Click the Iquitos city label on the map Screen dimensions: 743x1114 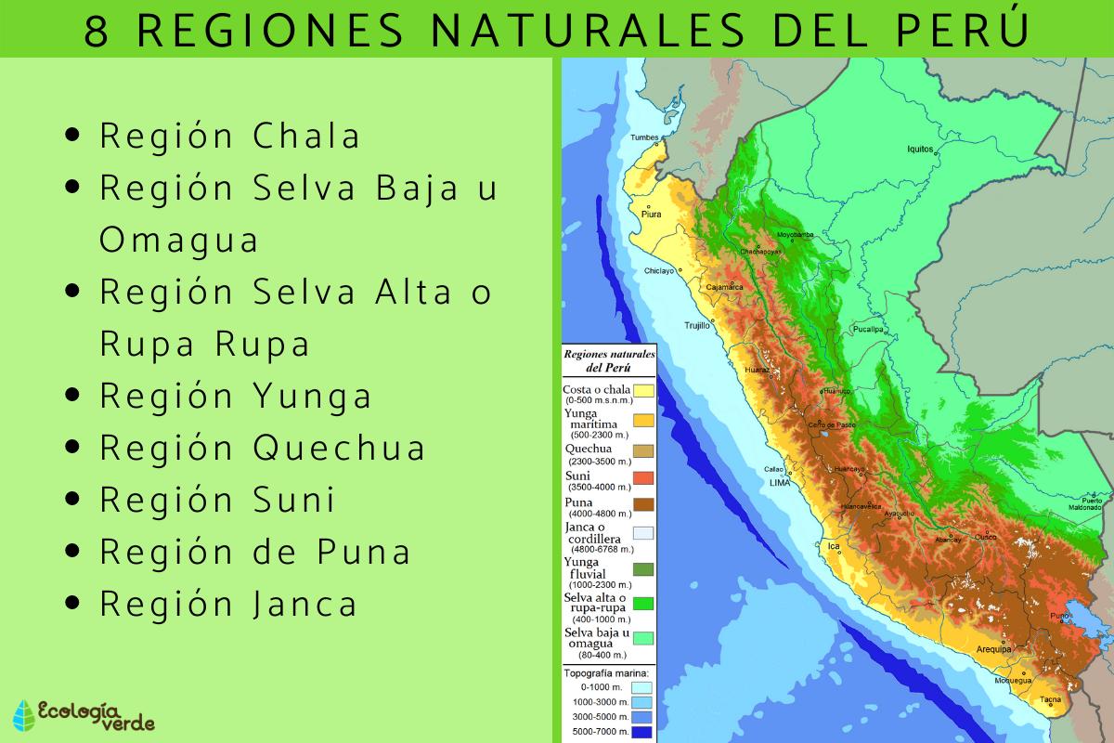click(919, 149)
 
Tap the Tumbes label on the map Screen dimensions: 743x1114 click(644, 138)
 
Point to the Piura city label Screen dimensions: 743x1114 click(651, 215)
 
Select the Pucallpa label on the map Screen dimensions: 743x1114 click(868, 330)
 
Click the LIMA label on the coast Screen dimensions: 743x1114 click(779, 483)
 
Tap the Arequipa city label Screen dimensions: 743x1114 click(992, 650)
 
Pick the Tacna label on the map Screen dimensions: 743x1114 click(1050, 699)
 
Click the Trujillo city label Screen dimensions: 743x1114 click(697, 326)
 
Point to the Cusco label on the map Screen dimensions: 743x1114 click(985, 537)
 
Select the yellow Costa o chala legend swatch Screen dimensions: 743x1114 click(643, 391)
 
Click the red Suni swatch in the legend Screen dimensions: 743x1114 click(643, 477)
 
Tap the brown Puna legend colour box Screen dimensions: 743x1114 click(643, 504)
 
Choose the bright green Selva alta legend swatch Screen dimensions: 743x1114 click(643, 603)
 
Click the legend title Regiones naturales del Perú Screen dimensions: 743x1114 click(609, 360)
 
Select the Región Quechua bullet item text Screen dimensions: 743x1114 click(263, 448)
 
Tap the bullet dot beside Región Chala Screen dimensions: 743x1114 click(74, 136)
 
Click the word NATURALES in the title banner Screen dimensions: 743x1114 click(583, 31)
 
